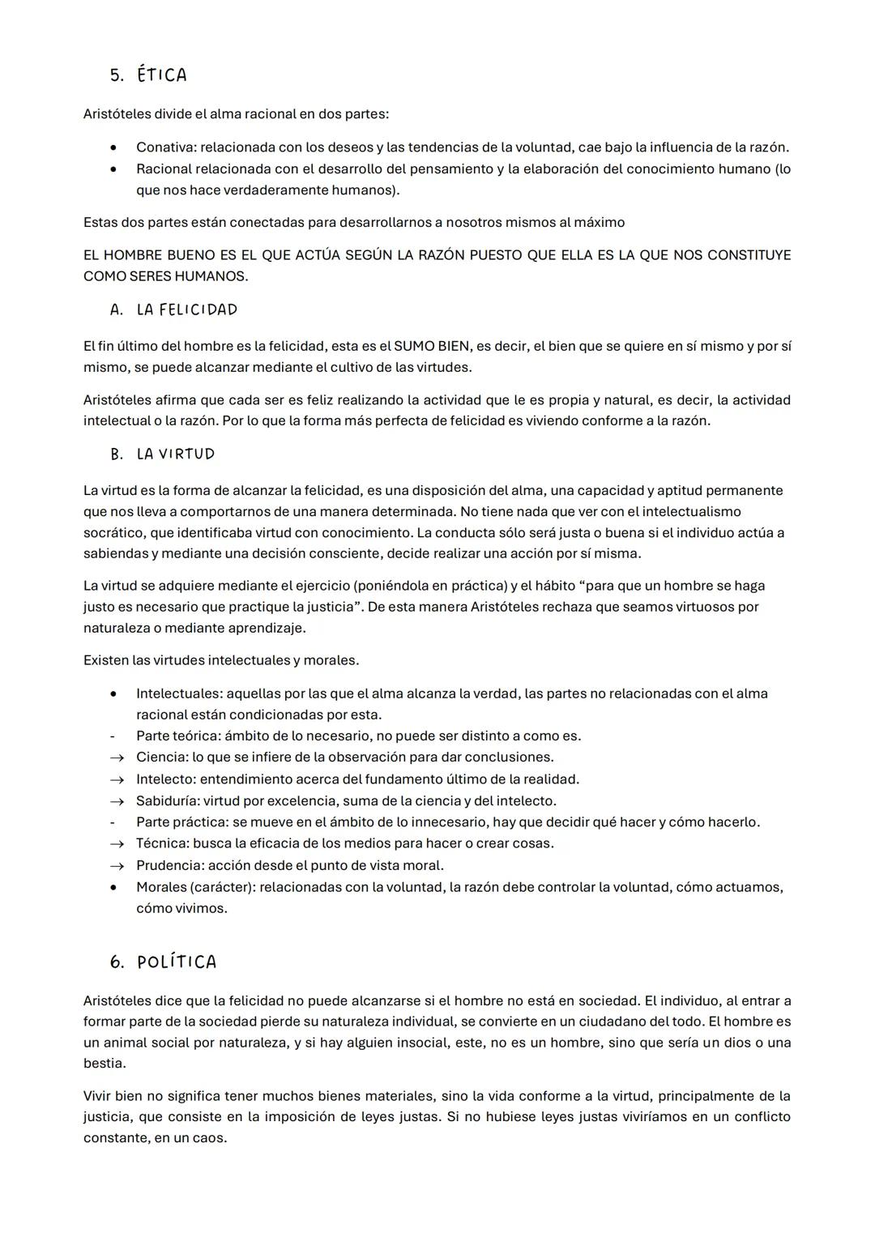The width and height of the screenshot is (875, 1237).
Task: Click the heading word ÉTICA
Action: (x=162, y=75)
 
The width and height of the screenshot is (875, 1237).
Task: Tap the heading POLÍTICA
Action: (x=177, y=962)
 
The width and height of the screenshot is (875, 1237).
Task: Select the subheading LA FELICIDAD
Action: (x=187, y=310)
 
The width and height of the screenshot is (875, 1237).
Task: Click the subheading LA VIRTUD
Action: (x=176, y=454)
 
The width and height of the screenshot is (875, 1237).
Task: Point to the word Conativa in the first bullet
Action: (x=164, y=147)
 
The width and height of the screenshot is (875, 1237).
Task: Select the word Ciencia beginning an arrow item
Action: (x=161, y=757)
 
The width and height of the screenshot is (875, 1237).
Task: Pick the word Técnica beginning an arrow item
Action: (x=162, y=843)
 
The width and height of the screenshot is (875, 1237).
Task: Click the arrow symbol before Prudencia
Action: (x=117, y=866)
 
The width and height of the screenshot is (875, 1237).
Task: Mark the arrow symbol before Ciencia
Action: (x=117, y=758)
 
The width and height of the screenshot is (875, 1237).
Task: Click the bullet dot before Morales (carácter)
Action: (x=114, y=887)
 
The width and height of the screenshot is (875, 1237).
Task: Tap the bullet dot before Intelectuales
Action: (x=114, y=694)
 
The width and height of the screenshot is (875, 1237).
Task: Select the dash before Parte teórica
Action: (x=112, y=736)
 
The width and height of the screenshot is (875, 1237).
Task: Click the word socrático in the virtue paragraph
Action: (x=112, y=533)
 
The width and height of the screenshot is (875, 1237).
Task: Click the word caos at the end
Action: (x=209, y=1138)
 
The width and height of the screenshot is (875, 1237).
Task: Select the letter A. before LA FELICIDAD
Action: (x=117, y=310)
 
